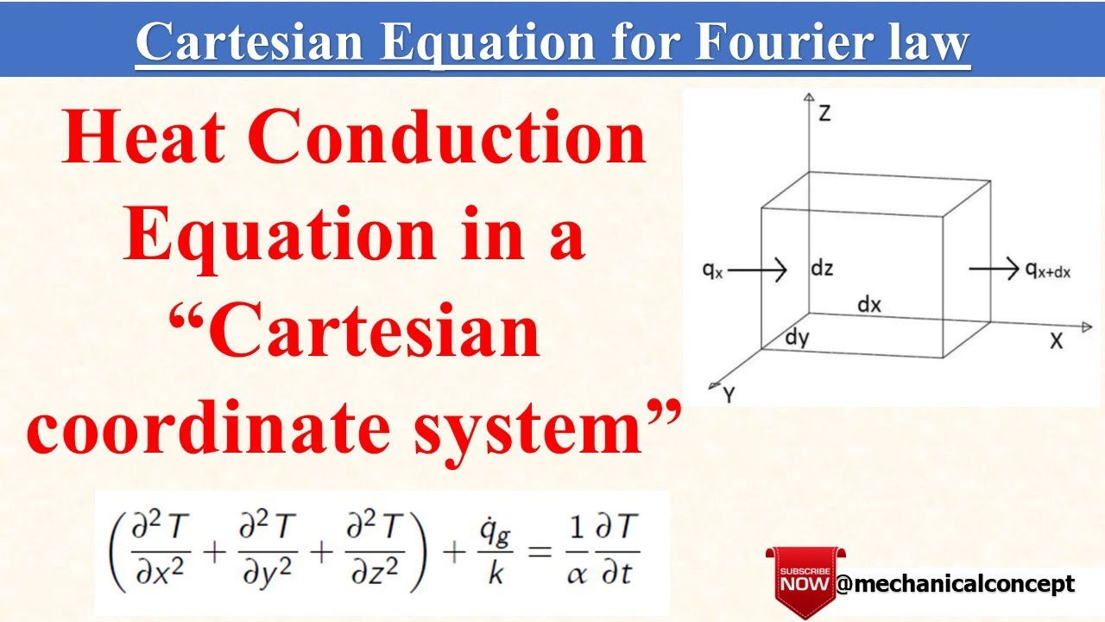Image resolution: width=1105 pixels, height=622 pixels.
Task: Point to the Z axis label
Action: [824, 113]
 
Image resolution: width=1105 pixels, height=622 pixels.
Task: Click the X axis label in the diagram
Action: [1056, 340]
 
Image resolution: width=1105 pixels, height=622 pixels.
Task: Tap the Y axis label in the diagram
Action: [729, 395]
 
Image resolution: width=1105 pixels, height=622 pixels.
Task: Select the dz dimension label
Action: [821, 268]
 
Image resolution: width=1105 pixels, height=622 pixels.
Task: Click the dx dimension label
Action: [869, 305]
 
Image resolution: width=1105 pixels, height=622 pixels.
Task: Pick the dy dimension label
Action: [797, 338]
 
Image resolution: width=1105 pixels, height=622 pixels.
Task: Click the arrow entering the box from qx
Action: [761, 270]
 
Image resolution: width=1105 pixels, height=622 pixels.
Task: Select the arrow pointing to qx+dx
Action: [994, 270]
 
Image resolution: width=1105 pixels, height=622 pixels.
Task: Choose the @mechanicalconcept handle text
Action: [955, 584]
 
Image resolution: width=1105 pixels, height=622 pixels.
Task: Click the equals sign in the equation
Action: [540, 553]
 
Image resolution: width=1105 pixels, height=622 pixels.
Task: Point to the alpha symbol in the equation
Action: [576, 573]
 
